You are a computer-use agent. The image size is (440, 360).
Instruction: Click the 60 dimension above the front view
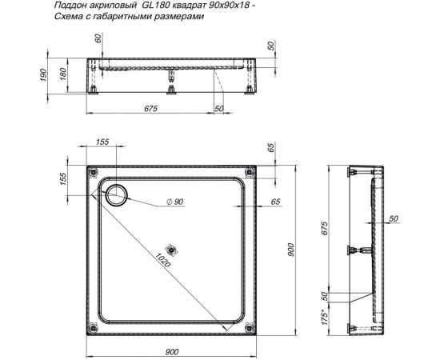[x=98, y=39]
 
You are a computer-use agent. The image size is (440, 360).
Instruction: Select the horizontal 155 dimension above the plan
[x=102, y=142]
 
